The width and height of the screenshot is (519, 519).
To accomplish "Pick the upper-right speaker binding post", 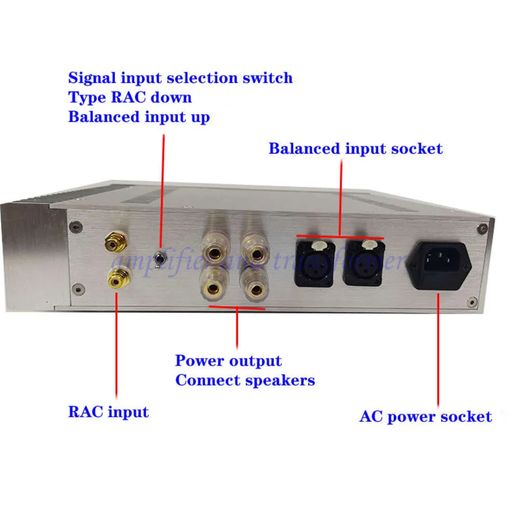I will coord(255,254).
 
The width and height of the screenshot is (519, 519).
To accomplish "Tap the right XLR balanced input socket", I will coord(363,263).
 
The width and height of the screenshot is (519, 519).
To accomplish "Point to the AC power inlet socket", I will coord(439,264).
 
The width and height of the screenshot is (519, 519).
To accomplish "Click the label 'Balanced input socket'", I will coord(356,148).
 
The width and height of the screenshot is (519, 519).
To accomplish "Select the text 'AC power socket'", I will coord(425,416).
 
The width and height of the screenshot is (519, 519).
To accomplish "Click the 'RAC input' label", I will coord(108,412).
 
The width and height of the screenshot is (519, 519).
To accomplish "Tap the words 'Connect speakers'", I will coord(245,380).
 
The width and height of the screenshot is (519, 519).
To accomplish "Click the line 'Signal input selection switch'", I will coord(181,78).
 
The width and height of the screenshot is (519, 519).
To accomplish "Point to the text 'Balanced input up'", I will coord(139,116).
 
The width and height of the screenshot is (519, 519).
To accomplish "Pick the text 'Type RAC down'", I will coord(130,97).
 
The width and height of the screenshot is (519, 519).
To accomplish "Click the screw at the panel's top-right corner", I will coord(484,227).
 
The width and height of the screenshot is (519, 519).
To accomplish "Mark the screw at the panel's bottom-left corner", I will coord(77,286).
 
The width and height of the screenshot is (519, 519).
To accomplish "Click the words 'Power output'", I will coord(228,361).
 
